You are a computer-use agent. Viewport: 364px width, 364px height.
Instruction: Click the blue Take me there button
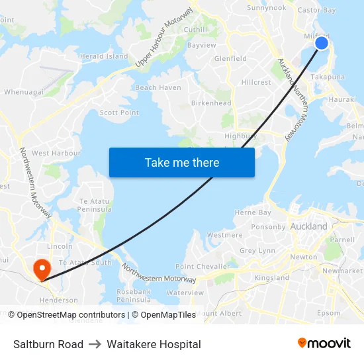click(x=182, y=163)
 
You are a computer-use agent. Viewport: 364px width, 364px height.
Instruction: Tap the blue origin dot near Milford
click(x=321, y=43)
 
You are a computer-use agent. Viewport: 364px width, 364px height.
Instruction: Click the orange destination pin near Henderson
click(x=42, y=269)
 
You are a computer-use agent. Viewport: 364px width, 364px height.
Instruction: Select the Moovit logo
click(x=324, y=343)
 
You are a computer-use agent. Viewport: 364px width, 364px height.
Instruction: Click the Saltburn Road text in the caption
click(x=48, y=344)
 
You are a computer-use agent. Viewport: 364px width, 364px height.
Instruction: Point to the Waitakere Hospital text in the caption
click(x=154, y=344)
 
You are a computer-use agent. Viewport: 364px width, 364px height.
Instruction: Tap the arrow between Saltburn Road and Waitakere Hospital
click(x=95, y=344)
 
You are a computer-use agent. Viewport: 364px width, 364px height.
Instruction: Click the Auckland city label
click(x=308, y=226)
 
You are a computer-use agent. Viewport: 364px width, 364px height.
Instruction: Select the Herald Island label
click(x=104, y=56)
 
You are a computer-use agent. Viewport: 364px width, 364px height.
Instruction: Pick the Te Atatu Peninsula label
click(x=95, y=205)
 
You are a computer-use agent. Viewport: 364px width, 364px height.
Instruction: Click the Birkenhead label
click(x=211, y=103)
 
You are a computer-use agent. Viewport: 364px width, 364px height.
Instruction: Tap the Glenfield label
click(x=230, y=58)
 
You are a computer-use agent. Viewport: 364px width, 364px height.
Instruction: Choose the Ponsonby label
click(x=268, y=226)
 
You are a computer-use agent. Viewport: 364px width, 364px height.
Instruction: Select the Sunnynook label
click(x=266, y=8)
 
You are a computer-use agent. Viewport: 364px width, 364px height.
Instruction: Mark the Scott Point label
click(x=119, y=113)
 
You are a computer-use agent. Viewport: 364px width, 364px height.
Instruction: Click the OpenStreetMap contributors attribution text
click(x=68, y=315)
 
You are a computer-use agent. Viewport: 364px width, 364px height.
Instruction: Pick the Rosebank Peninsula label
click(x=134, y=296)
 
